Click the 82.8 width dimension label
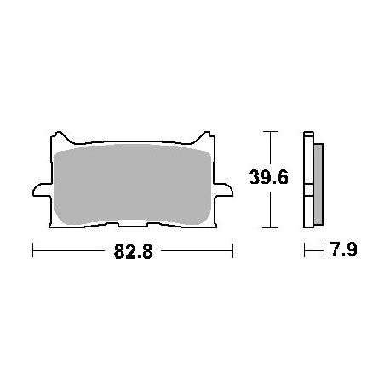[133, 251]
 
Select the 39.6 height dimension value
[268, 177]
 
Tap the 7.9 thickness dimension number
[344, 249]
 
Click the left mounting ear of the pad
[43, 190]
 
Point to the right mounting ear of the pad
[223, 190]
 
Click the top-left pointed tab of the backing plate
[60, 136]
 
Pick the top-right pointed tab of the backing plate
[205, 136]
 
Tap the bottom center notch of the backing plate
[133, 224]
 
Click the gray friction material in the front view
[133, 184]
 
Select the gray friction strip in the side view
[318, 184]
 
